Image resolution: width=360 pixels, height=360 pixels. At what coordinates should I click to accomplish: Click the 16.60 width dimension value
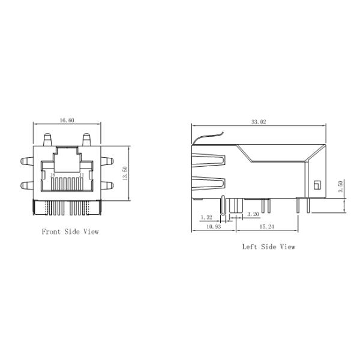(67, 121)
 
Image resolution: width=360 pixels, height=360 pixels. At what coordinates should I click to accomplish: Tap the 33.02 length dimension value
(259, 122)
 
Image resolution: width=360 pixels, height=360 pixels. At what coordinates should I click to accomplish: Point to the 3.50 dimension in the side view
(341, 187)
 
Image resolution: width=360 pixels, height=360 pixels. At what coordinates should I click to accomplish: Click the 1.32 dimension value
(206, 217)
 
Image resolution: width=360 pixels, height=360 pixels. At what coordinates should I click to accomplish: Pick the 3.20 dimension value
(253, 214)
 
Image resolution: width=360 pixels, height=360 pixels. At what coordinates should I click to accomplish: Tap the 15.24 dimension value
(267, 227)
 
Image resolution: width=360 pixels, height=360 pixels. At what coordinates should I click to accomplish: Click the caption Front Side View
(70, 232)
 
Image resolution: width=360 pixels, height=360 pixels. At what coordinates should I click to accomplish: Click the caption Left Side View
(268, 247)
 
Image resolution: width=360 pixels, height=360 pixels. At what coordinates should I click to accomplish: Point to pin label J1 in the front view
(82, 175)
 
